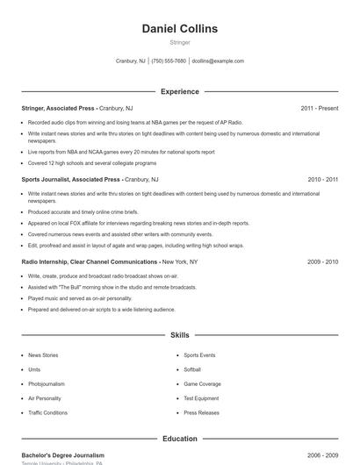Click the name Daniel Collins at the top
(180, 29)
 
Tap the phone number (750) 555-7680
(169, 61)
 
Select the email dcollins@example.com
(218, 61)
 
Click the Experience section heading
(180, 91)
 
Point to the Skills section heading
(180, 335)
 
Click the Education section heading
(180, 439)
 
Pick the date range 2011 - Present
(319, 108)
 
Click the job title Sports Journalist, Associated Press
(70, 179)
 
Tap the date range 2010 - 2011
(322, 179)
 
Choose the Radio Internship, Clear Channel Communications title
(90, 261)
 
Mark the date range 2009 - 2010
(322, 261)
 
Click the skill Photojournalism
(47, 383)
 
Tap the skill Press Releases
(201, 412)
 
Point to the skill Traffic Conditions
(47, 412)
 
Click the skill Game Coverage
(202, 383)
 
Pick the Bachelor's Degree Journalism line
(62, 455)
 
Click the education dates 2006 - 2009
(322, 455)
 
